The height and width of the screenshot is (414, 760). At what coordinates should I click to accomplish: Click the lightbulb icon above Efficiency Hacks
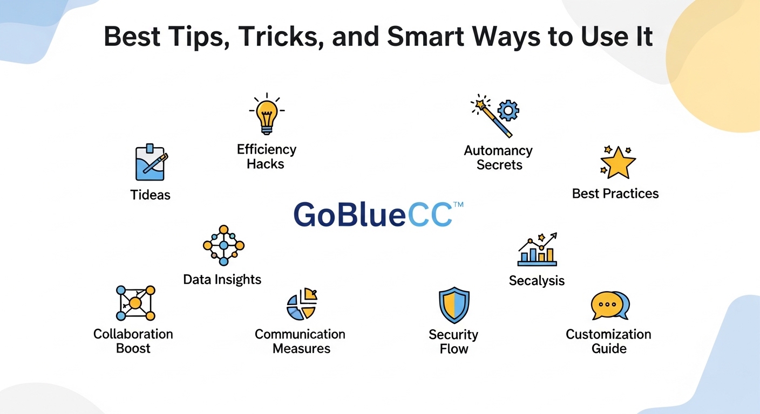point(267,114)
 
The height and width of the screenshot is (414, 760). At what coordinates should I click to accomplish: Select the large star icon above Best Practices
point(617,162)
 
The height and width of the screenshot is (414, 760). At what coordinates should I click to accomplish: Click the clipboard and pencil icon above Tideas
point(150,162)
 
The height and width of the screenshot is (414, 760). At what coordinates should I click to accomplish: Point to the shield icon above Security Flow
point(453,305)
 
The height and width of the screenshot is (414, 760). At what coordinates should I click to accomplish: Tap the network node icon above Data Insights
point(223,245)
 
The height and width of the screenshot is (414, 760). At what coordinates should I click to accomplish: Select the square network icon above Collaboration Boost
point(135,303)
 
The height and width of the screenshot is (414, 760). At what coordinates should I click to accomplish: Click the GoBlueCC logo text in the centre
point(373,215)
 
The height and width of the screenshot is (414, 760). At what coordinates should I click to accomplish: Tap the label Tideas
point(151,195)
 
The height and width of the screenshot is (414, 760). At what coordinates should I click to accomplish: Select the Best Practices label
point(615,194)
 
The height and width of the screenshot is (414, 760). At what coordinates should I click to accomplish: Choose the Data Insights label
point(222,279)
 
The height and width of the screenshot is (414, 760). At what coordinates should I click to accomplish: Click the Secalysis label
point(537,281)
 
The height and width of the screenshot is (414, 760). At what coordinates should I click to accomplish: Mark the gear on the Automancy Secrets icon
point(507,111)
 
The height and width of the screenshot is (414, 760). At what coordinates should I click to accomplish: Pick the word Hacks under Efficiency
point(266,164)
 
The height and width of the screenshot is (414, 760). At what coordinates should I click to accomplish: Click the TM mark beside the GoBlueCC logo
point(458,205)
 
